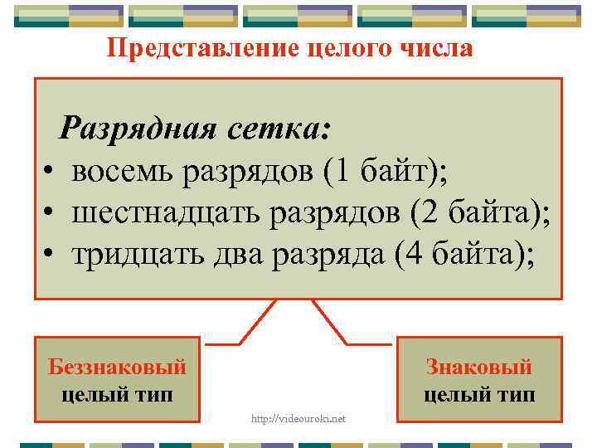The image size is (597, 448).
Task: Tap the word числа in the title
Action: pos(436,49)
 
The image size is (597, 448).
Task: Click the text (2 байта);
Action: pos(481,213)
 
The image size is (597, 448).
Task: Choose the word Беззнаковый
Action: pos(117,367)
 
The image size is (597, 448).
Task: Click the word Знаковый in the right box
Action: pos(479,367)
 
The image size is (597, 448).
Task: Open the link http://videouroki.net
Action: pos(298,418)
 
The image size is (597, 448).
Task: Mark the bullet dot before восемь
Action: pos(51,173)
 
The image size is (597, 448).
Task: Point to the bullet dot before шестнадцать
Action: pos(51,215)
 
